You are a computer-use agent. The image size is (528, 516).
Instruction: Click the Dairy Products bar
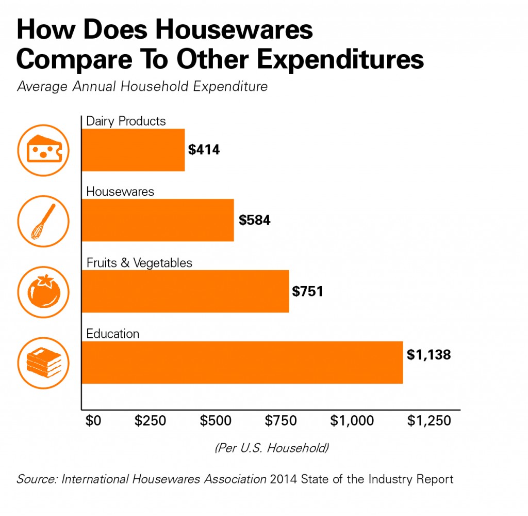click(133, 150)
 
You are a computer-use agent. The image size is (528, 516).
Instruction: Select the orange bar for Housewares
click(158, 220)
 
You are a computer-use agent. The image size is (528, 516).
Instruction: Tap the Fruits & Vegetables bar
click(185, 291)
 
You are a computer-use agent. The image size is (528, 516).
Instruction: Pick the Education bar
click(242, 362)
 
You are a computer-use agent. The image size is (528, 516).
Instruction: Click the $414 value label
click(204, 150)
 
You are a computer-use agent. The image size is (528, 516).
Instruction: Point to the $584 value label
click(254, 221)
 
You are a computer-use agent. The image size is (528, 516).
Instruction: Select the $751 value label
click(307, 291)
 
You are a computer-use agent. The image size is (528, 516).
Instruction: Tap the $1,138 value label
click(428, 355)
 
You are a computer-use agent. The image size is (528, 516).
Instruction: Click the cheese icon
click(39, 150)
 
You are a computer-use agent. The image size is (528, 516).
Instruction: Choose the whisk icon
click(39, 221)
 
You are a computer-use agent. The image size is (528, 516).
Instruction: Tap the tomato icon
click(39, 291)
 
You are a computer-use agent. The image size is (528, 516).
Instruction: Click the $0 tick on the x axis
click(93, 420)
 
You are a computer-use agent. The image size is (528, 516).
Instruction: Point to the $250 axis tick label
click(150, 420)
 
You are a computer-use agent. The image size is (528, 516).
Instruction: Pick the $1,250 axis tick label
click(429, 420)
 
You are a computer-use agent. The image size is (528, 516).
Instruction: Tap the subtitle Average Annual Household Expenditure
click(142, 86)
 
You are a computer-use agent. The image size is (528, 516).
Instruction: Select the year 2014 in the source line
click(283, 479)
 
